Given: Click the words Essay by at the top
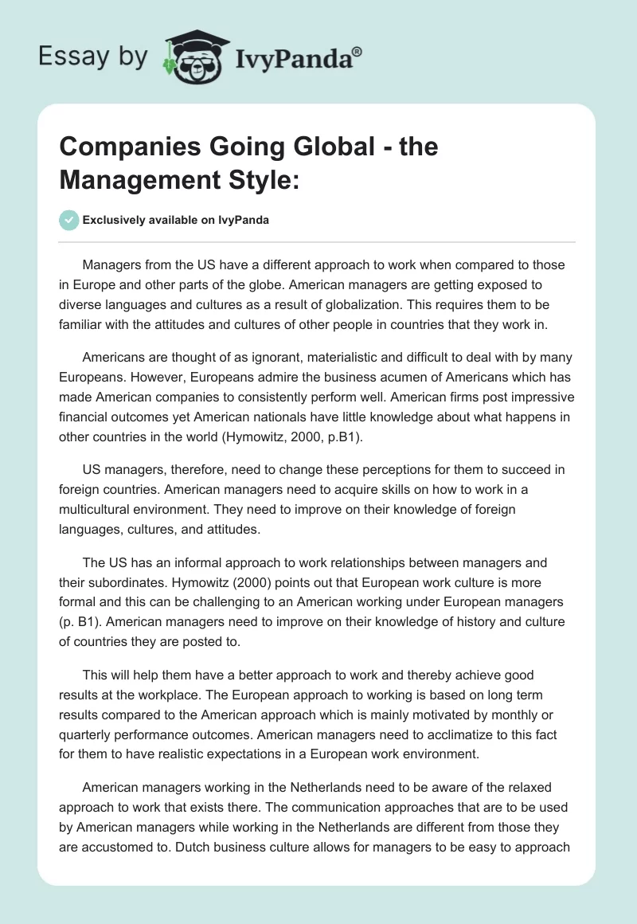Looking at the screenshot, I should tap(92, 57).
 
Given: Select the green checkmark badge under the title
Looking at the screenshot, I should tap(69, 221).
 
